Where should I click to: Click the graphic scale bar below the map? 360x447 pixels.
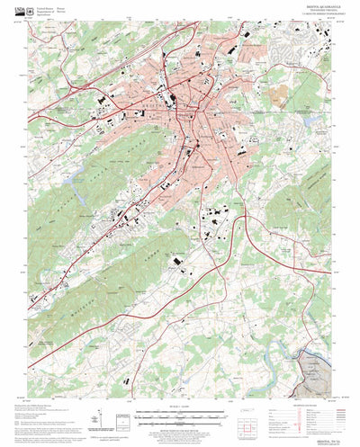pos(180,415)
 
